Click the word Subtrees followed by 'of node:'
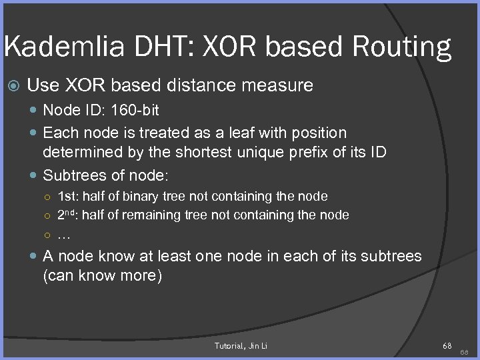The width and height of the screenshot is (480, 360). click(x=74, y=175)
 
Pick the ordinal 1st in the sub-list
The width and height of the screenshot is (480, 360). click(x=67, y=196)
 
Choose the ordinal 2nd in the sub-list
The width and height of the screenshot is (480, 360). click(x=67, y=215)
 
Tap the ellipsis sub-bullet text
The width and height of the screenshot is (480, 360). click(x=64, y=234)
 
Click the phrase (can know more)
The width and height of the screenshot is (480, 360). click(x=102, y=276)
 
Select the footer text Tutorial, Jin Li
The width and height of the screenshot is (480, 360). click(x=241, y=345)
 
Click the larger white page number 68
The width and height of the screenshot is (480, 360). click(x=446, y=345)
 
